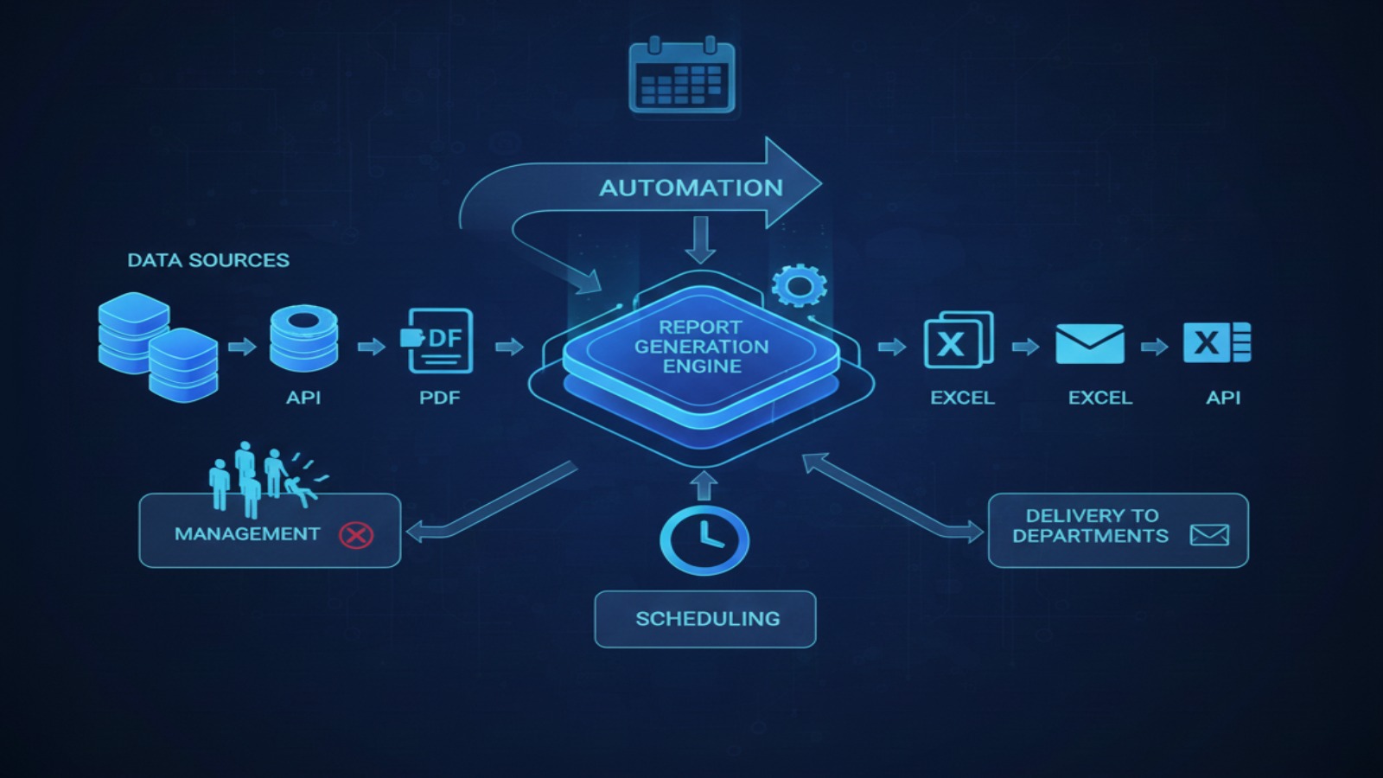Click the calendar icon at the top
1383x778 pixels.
click(682, 76)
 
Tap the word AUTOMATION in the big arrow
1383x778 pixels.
click(691, 188)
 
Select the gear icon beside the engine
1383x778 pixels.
click(799, 285)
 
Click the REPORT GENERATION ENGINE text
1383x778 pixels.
click(701, 347)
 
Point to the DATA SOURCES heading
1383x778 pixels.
click(208, 260)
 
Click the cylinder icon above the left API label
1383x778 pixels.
click(303, 339)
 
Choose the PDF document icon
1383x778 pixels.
click(439, 341)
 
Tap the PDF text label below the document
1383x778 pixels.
click(439, 398)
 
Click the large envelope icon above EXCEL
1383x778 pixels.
click(1090, 344)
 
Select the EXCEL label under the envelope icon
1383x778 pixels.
click(1099, 398)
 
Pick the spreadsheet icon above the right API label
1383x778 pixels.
click(1217, 342)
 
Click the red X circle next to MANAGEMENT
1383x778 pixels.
click(355, 535)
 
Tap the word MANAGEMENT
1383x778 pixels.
click(247, 534)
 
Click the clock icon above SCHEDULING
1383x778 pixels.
click(704, 540)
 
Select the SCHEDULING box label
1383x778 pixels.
click(707, 619)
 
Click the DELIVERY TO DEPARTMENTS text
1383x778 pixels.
click(1091, 526)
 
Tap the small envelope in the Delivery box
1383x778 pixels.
click(1209, 535)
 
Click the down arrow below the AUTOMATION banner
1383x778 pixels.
click(700, 239)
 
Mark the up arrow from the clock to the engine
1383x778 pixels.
click(704, 485)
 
